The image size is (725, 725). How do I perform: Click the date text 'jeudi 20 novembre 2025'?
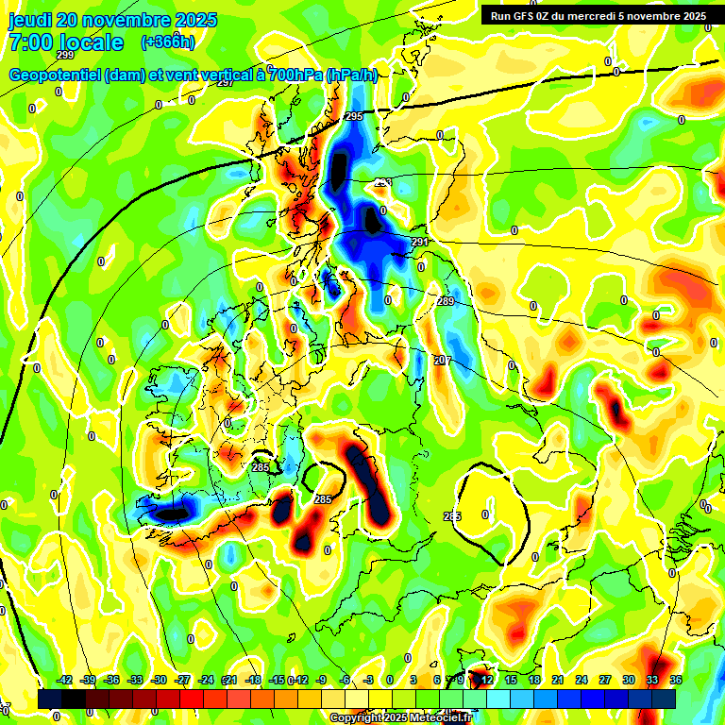112,20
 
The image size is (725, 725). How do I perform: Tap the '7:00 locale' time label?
65,42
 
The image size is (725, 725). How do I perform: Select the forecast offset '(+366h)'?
168,42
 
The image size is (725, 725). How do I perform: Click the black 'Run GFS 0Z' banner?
598,15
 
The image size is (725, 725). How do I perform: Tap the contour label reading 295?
354,116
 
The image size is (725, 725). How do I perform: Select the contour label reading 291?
420,243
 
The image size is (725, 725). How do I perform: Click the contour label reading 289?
446,301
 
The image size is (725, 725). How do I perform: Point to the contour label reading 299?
65,56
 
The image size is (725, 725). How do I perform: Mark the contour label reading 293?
382,183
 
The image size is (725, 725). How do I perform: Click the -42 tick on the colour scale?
65,680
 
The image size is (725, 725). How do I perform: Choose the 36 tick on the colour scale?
676,680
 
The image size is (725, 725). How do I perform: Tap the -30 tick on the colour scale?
159,680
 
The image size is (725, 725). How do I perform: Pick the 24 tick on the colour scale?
582,680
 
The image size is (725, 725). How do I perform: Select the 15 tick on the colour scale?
511,680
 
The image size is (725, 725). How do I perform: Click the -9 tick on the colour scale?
321,680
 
